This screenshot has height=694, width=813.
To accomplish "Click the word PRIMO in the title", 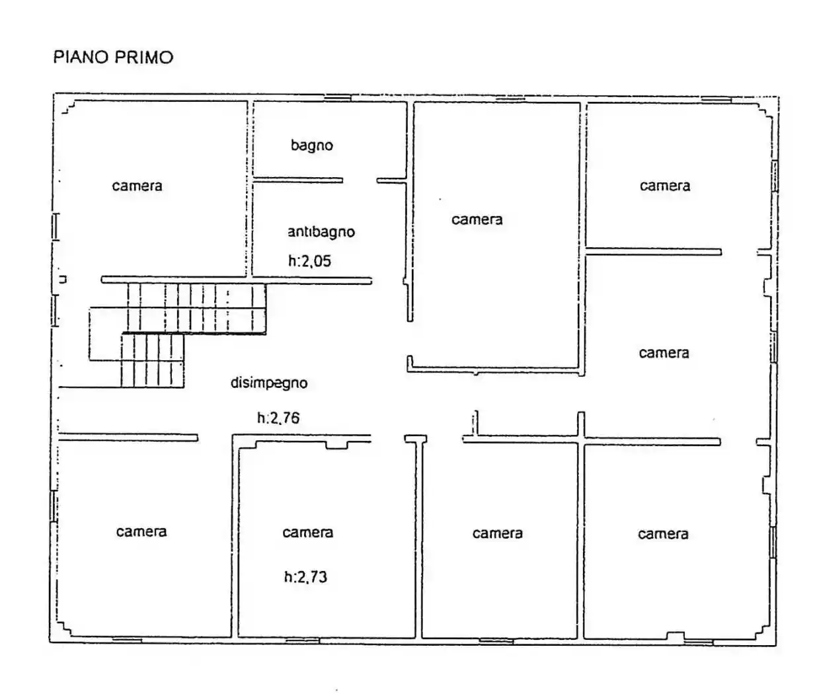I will [144, 58].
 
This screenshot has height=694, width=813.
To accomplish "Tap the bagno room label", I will [311, 145].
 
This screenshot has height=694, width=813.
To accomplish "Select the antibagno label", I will [321, 232].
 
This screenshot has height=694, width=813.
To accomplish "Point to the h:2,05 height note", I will [309, 261].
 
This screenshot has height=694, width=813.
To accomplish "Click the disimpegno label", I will [268, 383].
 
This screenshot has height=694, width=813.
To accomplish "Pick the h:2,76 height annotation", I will [279, 418].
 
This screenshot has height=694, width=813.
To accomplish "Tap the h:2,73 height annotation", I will [305, 577].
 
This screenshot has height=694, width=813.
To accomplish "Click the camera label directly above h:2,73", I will [307, 533].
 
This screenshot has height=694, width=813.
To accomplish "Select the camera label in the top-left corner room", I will [137, 186].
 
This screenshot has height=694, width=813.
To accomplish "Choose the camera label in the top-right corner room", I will [664, 186].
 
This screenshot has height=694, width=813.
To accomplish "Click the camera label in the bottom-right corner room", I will [663, 534].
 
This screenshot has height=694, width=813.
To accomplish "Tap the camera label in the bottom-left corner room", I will [141, 532].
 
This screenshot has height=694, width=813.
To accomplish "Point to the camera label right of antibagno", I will [477, 219].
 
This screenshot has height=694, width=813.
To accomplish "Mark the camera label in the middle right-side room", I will [664, 353].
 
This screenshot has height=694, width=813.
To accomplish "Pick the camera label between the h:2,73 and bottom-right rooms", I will [497, 533].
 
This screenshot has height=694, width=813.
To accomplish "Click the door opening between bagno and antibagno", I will [360, 180].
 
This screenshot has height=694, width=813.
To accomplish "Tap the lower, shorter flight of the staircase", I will [152, 360].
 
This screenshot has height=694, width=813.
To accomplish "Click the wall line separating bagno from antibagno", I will [297, 180].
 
